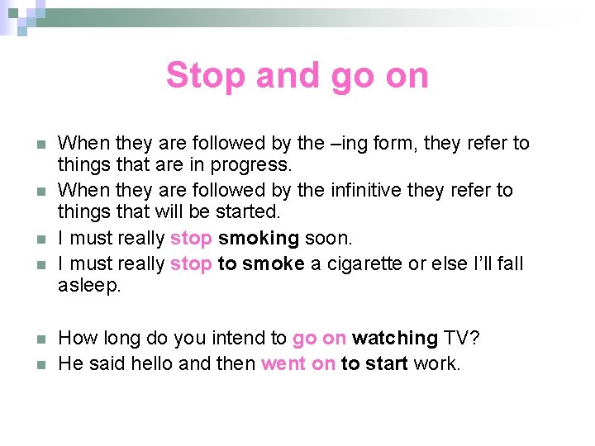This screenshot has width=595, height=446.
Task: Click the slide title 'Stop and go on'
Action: coord(297,75)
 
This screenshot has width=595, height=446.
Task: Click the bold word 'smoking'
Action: coord(258,239)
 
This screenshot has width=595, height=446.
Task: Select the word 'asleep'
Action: coord(89,286)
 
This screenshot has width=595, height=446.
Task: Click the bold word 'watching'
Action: coord(395,338)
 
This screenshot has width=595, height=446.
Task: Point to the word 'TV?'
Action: coord(461,338)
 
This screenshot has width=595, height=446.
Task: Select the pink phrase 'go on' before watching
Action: coord(319,338)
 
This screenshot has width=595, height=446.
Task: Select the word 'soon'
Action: coord(328,239)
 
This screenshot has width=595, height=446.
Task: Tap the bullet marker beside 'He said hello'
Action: coord(41,364)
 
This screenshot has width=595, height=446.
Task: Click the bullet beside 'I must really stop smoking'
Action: coord(41,240)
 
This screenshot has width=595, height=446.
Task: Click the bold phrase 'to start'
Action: coord(374,363)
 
